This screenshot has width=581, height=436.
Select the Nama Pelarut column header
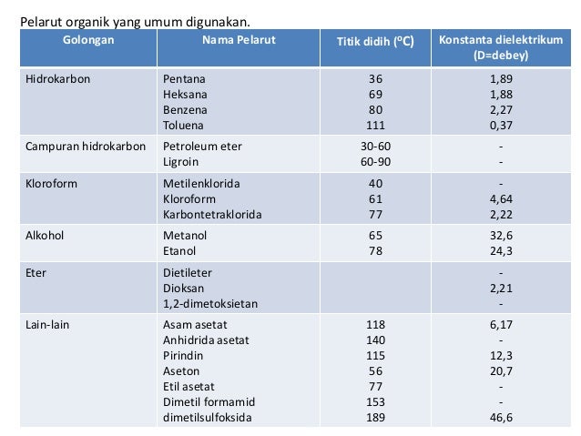(x=239, y=42)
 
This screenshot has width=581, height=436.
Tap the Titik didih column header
(x=375, y=42)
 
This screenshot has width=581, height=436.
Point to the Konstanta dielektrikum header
(x=500, y=48)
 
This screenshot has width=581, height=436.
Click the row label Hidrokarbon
(x=58, y=79)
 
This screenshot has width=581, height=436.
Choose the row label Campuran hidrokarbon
(x=86, y=145)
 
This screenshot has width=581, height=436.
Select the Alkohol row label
(x=47, y=236)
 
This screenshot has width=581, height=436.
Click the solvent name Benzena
(x=185, y=110)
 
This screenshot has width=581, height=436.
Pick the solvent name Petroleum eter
(x=202, y=145)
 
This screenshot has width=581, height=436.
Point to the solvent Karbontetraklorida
(x=212, y=215)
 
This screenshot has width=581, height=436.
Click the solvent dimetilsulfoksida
(x=208, y=419)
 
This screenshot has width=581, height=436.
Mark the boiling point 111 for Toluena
(x=375, y=126)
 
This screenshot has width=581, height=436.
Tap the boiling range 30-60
(x=375, y=145)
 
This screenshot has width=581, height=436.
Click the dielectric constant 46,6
(x=500, y=419)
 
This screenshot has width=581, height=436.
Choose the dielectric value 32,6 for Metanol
(x=500, y=236)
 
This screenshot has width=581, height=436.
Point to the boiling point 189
(x=375, y=419)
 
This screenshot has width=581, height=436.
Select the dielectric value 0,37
(x=500, y=126)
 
